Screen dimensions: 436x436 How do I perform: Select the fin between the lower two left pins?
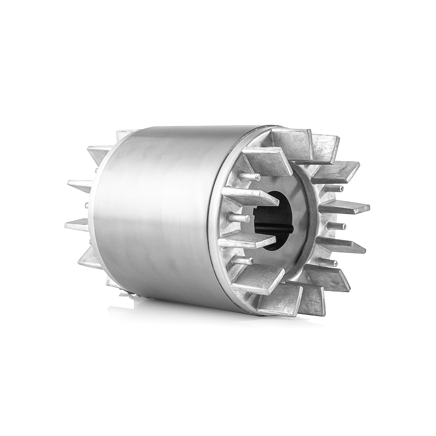(x=240, y=241)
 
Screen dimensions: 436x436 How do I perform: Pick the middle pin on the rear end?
(x=86, y=205)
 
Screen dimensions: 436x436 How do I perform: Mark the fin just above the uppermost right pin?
(x=338, y=171)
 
